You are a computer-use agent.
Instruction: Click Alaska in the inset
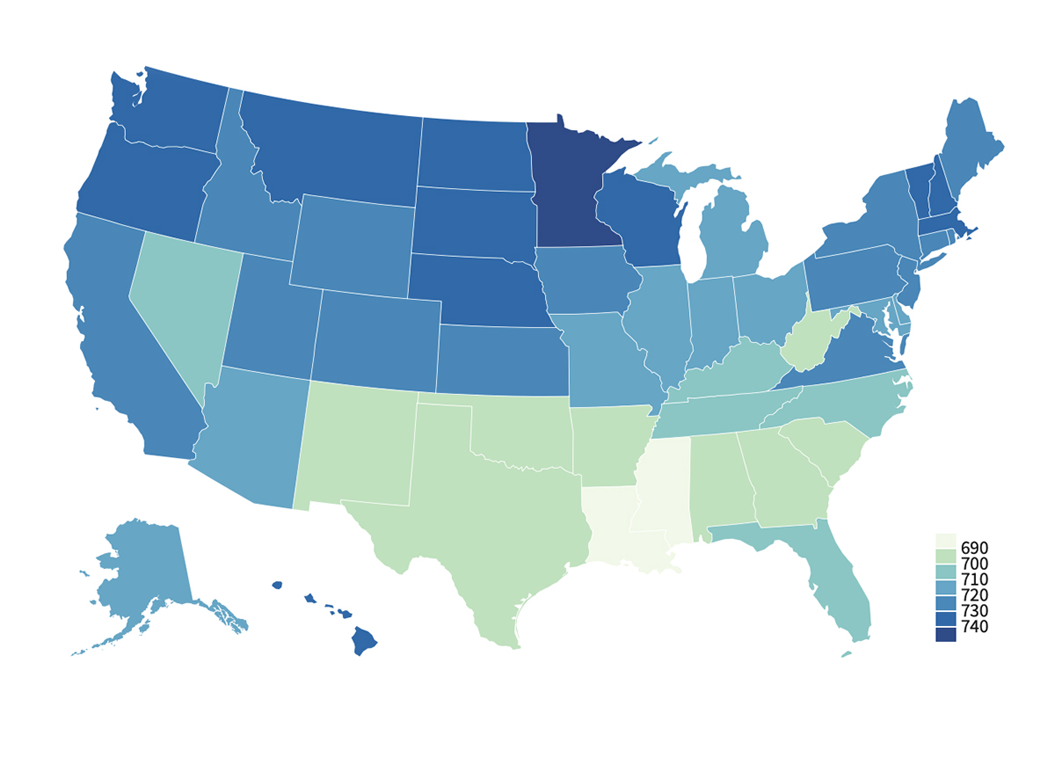click(x=145, y=572)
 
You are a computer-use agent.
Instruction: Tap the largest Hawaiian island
click(x=364, y=640)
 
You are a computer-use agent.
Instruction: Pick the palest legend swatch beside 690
click(x=946, y=539)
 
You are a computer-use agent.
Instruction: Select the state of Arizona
click(x=251, y=435)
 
